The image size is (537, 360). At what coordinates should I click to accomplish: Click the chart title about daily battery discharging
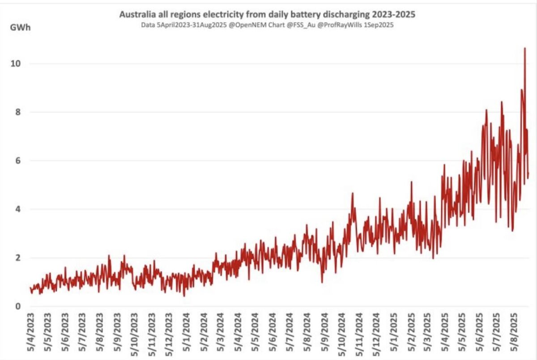point(267,15)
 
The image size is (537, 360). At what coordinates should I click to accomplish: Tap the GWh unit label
point(18,26)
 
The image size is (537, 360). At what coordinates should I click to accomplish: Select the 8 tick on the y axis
point(18,112)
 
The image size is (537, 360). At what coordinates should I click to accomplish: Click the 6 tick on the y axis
point(18,161)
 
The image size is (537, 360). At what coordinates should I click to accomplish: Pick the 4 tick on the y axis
point(18,209)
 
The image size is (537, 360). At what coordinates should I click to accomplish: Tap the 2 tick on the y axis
point(18,258)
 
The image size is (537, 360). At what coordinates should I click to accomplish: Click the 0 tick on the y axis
point(18,306)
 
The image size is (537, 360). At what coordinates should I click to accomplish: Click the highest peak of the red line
point(524,48)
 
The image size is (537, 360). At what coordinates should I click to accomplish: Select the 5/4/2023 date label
point(31,333)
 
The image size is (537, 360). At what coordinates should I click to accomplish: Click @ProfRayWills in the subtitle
point(340,25)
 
